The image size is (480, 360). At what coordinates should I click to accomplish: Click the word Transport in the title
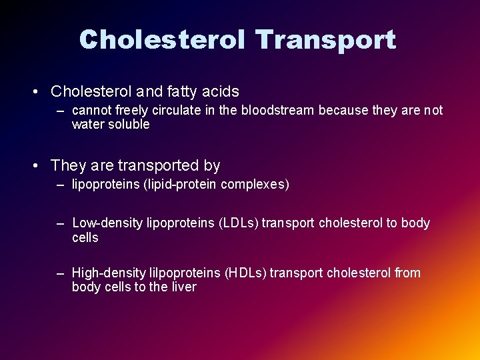326,40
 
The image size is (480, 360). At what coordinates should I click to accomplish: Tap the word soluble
129,125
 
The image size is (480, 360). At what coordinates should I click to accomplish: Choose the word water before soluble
88,125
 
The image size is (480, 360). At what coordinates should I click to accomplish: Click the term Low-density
107,223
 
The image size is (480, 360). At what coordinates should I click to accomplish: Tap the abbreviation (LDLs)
238,223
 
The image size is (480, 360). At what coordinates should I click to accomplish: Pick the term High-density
109,273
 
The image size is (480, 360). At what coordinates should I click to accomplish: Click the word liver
183,287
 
